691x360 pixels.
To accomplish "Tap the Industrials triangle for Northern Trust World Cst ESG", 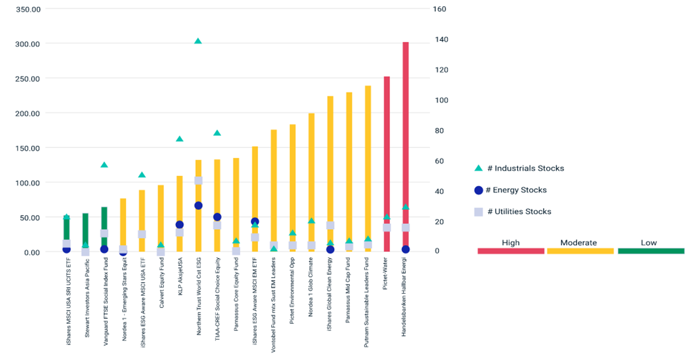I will coord(198,41).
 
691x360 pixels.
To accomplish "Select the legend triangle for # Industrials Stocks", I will coord(477,168).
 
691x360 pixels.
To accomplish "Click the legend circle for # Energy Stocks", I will coord(477,190).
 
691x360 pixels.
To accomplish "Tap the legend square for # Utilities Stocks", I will coord(477,211).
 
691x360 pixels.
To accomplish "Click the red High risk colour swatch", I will coord(511,251).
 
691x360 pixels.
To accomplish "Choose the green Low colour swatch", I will coord(651,251).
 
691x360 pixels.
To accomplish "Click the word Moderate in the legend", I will coord(580,242).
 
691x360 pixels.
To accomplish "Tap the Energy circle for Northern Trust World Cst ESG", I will coord(198,206).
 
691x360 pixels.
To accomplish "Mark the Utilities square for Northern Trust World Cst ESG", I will coord(198,180).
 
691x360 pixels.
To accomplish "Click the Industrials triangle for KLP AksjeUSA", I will coord(179,139).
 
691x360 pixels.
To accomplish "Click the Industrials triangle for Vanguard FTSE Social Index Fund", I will coord(104,165).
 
